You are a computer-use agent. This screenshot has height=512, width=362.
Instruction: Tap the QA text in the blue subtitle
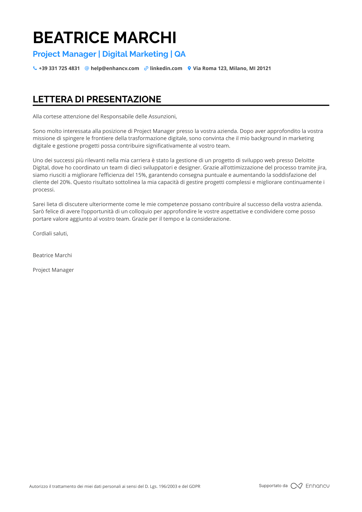pos(180,54)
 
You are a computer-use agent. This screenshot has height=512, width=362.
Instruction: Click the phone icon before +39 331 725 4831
pos(35,68)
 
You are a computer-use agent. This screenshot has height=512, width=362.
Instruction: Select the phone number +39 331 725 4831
pos(59,68)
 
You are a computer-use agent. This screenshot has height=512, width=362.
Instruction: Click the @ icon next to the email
pos(87,68)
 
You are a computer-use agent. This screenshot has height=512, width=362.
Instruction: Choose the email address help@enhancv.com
pos(115,68)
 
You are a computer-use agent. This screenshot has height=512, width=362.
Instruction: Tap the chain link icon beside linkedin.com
pos(146,68)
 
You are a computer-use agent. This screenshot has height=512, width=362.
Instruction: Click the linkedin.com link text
pos(166,68)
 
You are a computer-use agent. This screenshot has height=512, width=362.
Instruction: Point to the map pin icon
pos(189,68)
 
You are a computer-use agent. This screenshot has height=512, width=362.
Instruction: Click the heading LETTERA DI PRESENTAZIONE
pos(97,99)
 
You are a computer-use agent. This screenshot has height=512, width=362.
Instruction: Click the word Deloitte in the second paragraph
pos(304,160)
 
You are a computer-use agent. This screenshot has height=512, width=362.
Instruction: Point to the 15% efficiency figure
pos(141,175)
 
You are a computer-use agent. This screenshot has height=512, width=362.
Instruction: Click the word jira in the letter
pos(321,168)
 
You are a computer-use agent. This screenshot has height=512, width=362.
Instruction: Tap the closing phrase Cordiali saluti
pos(50,234)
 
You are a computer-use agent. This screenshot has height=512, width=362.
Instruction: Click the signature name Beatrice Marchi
pos(52,255)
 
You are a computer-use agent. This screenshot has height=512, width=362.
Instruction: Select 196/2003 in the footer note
pos(168,486)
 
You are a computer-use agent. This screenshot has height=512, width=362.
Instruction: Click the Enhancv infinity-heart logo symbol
pos(297,486)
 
